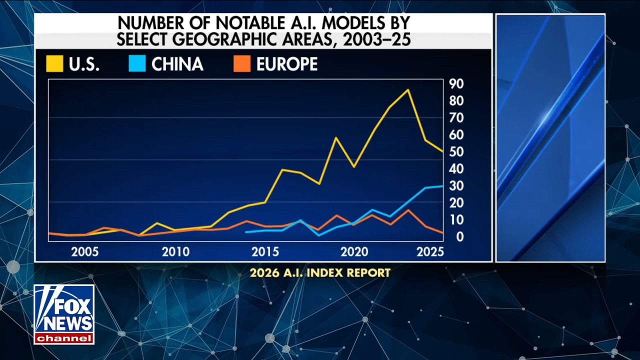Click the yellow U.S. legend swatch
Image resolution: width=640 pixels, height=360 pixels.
54,64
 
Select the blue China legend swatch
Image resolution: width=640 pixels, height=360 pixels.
137,64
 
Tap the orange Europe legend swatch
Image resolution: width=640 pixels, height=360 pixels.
242,64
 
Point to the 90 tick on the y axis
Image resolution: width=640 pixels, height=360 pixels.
456,83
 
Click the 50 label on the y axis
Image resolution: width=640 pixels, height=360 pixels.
456,151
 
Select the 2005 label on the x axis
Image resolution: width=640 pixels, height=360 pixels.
85,251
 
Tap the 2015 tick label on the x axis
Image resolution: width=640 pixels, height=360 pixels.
265,251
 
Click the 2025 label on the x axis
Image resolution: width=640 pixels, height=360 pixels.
430,251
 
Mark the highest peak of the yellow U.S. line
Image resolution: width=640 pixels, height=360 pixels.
408,90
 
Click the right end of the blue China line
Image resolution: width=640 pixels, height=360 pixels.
442,186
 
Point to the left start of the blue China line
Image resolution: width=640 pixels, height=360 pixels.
246,232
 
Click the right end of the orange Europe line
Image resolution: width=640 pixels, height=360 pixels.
442,232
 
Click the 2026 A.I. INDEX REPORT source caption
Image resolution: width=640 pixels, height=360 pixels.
320,273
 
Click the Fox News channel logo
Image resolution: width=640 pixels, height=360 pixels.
64,314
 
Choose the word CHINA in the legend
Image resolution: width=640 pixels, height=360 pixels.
177,64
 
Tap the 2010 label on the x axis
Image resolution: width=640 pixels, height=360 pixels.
175,251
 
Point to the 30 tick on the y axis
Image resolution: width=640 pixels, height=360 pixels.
456,185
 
